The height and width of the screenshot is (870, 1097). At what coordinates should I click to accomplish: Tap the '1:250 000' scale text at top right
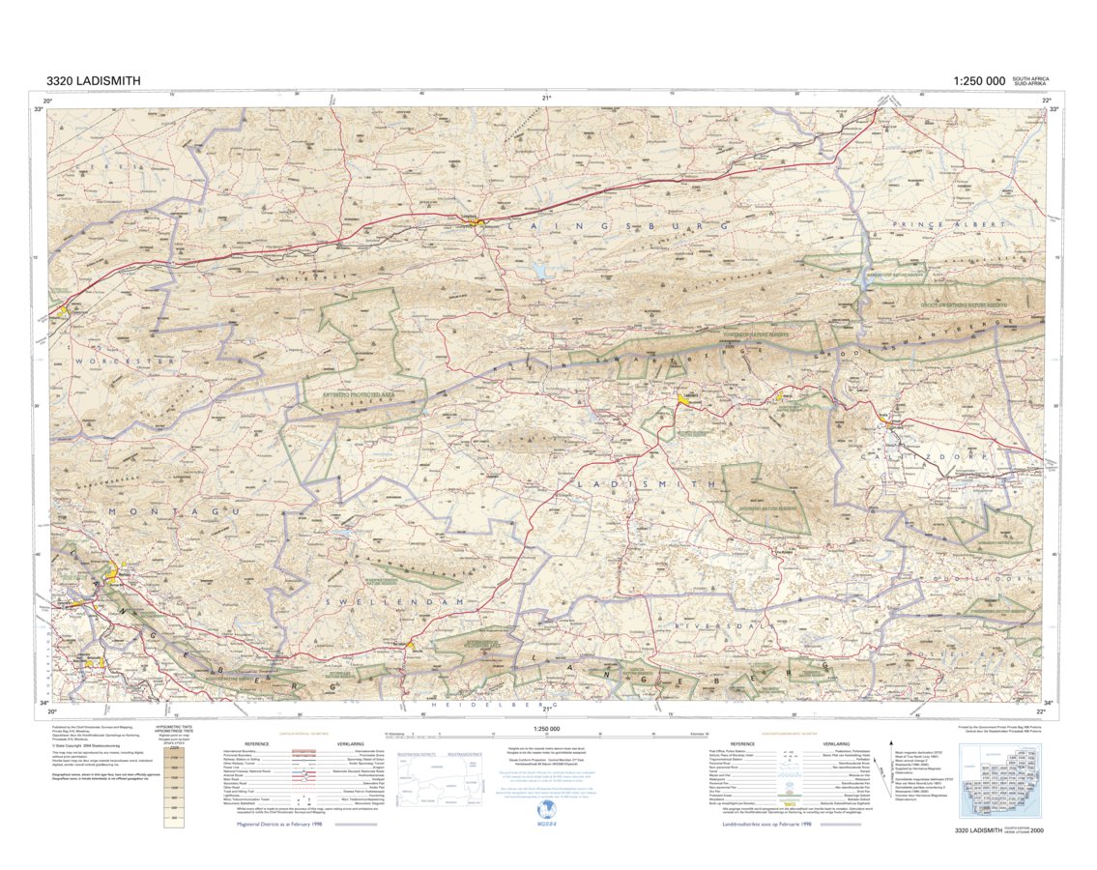[979, 82]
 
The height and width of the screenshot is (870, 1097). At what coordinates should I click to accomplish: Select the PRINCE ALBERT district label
[944, 225]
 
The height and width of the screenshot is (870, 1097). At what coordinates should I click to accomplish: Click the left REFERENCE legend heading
[256, 743]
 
